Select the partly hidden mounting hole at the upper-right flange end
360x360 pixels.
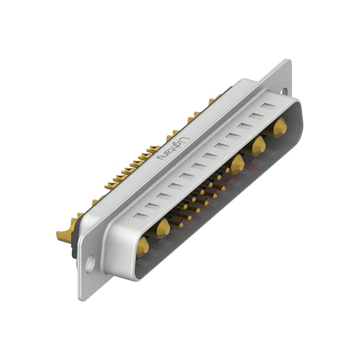[x=284, y=91]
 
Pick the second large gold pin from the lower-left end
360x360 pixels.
[x=162, y=228]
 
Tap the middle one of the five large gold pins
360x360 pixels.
[x=237, y=164]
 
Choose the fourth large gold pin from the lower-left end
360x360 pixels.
[x=258, y=145]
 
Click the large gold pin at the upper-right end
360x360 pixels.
[x=279, y=127]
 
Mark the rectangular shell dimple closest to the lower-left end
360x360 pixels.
[x=140, y=216]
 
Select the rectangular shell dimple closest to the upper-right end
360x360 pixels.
[x=268, y=107]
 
